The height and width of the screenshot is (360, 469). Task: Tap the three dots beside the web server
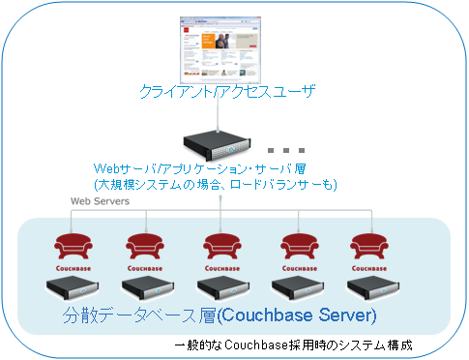(x=286, y=150)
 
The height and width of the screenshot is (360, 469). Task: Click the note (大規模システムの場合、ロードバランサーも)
(x=215, y=184)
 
